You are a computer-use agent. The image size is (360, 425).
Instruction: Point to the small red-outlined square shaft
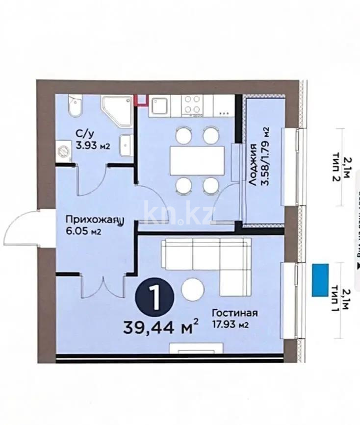pos(141,100)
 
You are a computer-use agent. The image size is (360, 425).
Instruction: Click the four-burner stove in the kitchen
pos(192,104)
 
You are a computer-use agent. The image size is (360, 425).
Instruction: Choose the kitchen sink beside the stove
pos(159,105)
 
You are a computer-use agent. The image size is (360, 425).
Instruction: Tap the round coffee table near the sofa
pos(193,290)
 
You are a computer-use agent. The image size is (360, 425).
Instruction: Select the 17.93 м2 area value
pos(234,324)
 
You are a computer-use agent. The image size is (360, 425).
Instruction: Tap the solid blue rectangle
pos(321,280)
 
